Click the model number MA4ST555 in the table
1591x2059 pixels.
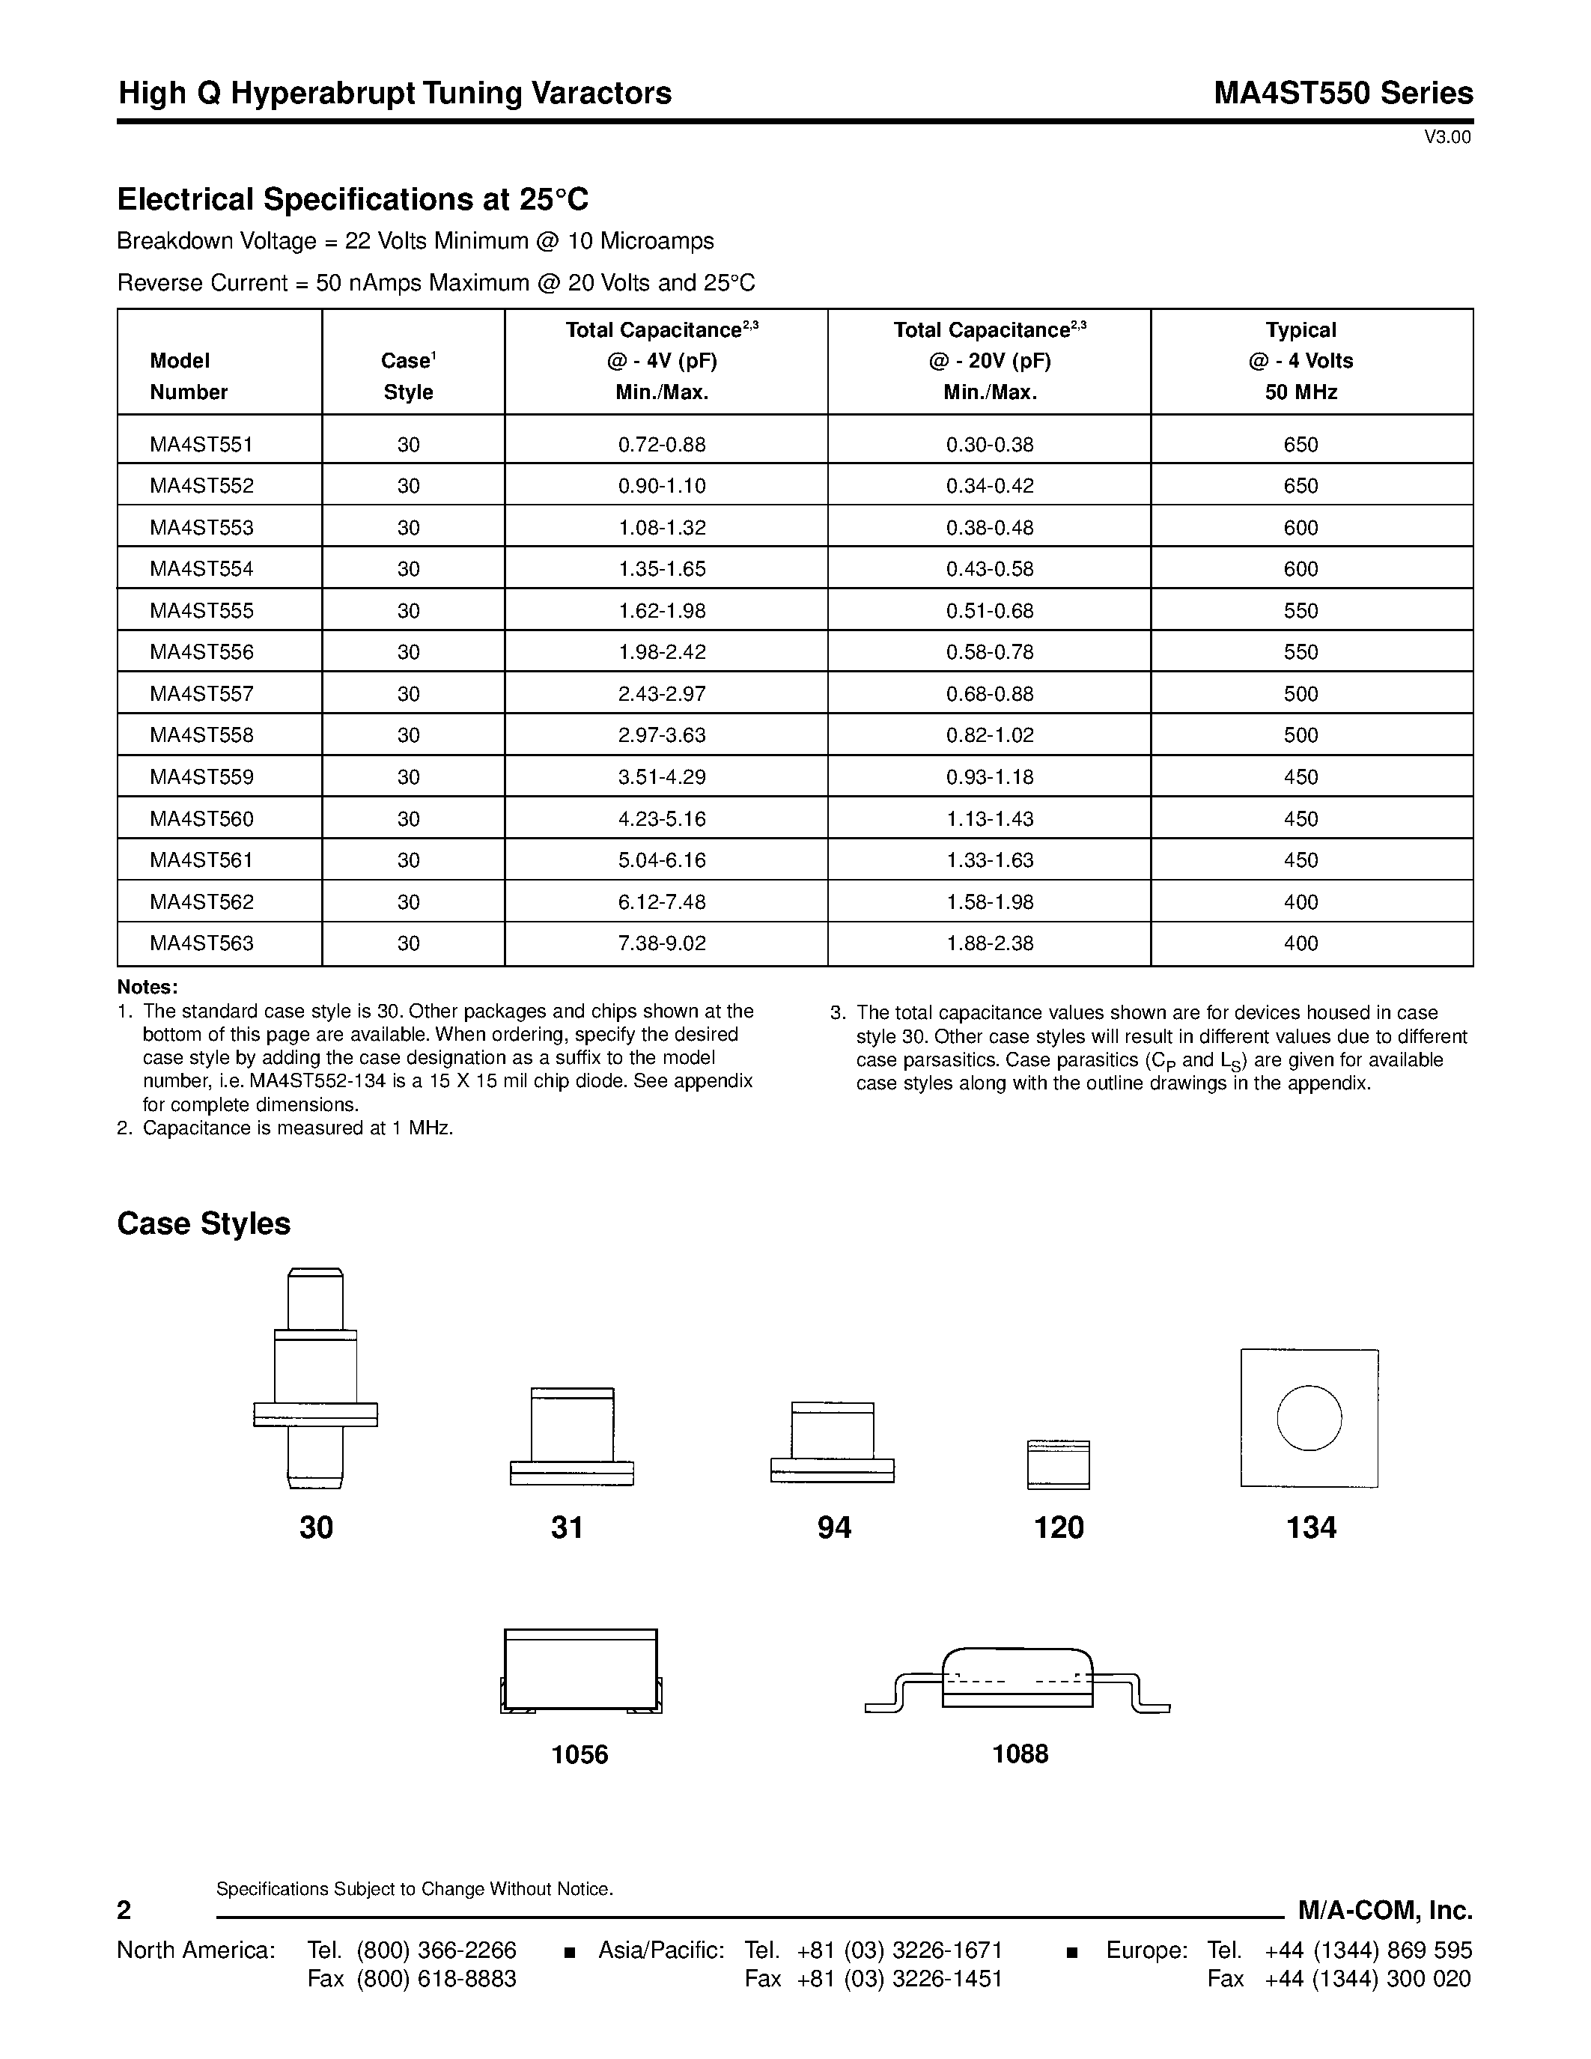coord(201,611)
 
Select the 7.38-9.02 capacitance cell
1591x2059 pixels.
coord(662,943)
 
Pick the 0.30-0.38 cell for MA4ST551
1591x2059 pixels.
coord(990,444)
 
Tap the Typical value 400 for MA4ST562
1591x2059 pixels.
coord(1301,902)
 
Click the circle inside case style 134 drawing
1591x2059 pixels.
coord(1309,1418)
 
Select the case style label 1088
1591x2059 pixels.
coord(1020,1754)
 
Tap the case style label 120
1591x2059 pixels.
coord(1059,1528)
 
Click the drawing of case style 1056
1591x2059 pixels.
coord(580,1671)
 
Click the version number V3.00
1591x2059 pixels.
coord(1446,138)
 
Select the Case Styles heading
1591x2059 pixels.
coord(204,1223)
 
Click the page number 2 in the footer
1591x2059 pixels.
coord(124,1911)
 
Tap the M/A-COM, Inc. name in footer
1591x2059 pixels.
coord(1384,1910)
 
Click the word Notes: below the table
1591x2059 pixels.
coord(147,987)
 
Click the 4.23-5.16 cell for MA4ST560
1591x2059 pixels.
coord(662,819)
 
